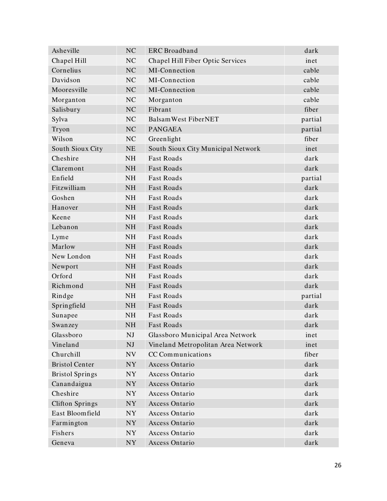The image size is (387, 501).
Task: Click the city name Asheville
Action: click(x=66, y=51)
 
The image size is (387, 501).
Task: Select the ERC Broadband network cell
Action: click(x=173, y=51)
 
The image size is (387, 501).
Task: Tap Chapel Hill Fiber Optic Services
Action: click(x=197, y=61)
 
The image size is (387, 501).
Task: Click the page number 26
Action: click(x=337, y=466)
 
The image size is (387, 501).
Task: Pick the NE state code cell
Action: click(x=130, y=149)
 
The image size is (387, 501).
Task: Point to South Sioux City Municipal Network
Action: click(x=204, y=149)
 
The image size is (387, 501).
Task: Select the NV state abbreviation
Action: click(x=130, y=354)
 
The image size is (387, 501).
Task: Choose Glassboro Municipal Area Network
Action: click(x=202, y=335)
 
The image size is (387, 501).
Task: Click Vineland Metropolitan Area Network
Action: click(x=205, y=345)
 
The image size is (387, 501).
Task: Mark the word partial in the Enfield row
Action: click(x=311, y=178)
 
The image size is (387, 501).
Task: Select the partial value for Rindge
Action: click(x=311, y=296)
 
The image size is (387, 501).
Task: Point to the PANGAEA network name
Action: click(x=165, y=129)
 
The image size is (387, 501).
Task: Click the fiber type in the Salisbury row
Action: click(x=311, y=110)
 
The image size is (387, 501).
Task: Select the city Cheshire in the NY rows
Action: click(x=65, y=394)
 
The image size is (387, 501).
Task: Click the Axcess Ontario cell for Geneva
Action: click(x=172, y=443)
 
